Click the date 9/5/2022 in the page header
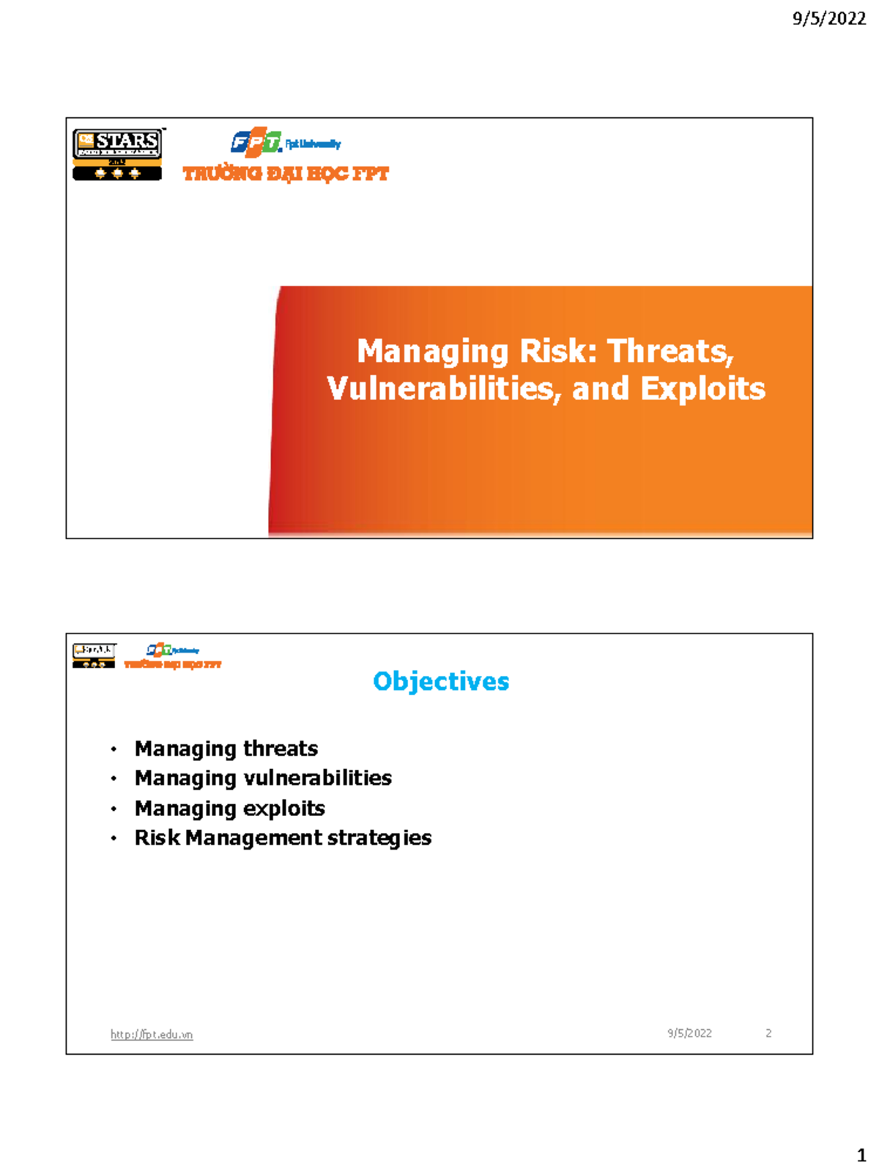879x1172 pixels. click(x=828, y=18)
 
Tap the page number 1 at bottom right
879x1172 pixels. click(x=861, y=1155)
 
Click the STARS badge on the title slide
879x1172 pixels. click(x=117, y=154)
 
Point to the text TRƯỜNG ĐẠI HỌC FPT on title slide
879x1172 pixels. click(x=286, y=174)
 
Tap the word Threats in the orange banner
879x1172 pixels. click(x=670, y=351)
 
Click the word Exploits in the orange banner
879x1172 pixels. click(x=702, y=388)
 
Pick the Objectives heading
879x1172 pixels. click(x=441, y=681)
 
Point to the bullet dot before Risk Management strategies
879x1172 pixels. click(x=114, y=838)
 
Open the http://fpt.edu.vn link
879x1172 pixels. click(x=152, y=1034)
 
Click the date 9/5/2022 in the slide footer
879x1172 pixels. click(x=689, y=1033)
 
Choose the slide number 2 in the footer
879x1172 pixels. click(x=768, y=1033)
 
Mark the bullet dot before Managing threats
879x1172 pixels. click(x=114, y=749)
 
